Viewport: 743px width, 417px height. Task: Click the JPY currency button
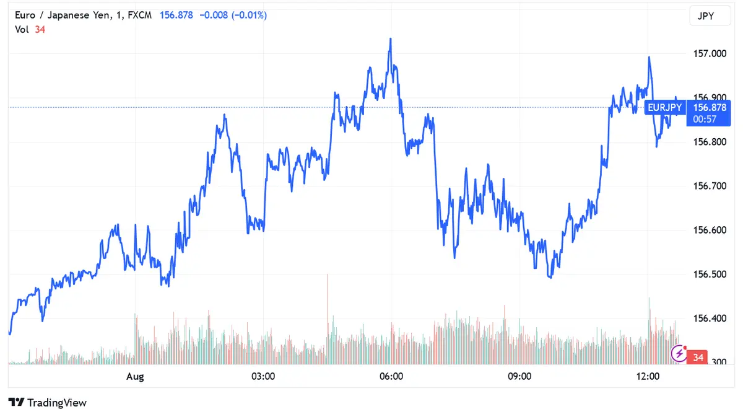pyautogui.click(x=706, y=16)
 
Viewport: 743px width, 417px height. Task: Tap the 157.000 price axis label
pyautogui.click(x=709, y=54)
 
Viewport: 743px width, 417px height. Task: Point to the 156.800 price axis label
pyautogui.click(x=709, y=142)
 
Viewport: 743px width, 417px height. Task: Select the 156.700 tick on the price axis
pyautogui.click(x=709, y=186)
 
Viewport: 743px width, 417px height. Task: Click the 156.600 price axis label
pyautogui.click(x=709, y=230)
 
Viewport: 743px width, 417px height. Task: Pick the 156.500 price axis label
pyautogui.click(x=709, y=274)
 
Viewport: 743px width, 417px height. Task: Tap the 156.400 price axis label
pyautogui.click(x=709, y=318)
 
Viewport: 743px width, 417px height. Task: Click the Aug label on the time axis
pyautogui.click(x=135, y=377)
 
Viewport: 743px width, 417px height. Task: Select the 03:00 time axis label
pyautogui.click(x=263, y=377)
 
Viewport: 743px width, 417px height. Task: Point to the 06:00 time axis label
pyautogui.click(x=391, y=377)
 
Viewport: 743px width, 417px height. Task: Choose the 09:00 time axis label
pyautogui.click(x=519, y=377)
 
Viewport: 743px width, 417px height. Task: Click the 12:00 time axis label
pyautogui.click(x=648, y=377)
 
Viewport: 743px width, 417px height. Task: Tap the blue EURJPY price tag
pyautogui.click(x=664, y=108)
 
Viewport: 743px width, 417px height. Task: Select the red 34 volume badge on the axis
pyautogui.click(x=698, y=358)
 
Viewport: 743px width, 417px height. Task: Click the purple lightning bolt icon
pyautogui.click(x=679, y=354)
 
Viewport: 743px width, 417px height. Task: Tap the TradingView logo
pyautogui.click(x=48, y=403)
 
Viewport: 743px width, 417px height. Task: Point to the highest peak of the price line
pyautogui.click(x=390, y=38)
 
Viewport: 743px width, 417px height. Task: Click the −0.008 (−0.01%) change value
pyautogui.click(x=233, y=15)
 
